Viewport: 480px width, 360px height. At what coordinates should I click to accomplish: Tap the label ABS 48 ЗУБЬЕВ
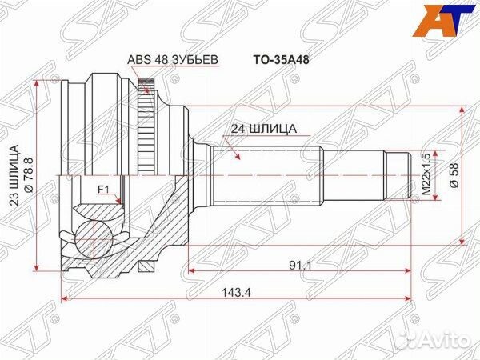tap(171, 60)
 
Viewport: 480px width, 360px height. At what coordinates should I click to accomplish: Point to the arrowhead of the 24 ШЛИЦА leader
tap(233, 159)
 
